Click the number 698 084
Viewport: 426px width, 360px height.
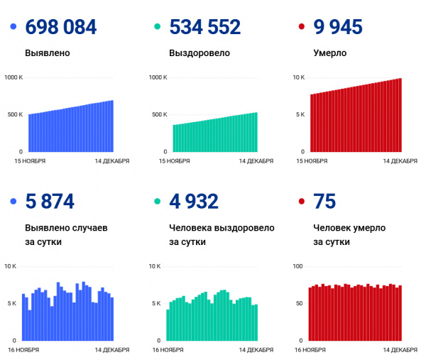61,28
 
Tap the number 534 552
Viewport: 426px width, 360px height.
205,28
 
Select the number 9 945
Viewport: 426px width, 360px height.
338,28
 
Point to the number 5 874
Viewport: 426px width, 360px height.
49,202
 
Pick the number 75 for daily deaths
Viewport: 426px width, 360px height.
326,202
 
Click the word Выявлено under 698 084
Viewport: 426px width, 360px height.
47,53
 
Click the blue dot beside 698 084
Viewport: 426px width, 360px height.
14,28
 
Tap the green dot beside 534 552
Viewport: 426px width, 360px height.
158,28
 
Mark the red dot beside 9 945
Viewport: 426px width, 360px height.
302,28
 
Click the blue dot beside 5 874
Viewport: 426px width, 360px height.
14,202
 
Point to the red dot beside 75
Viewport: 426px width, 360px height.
302,202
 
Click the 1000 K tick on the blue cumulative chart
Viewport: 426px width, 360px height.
13,77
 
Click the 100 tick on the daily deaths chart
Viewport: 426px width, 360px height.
298,266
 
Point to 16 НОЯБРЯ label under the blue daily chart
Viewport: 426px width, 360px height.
28,350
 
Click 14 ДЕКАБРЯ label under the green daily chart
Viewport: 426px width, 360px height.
256,350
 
